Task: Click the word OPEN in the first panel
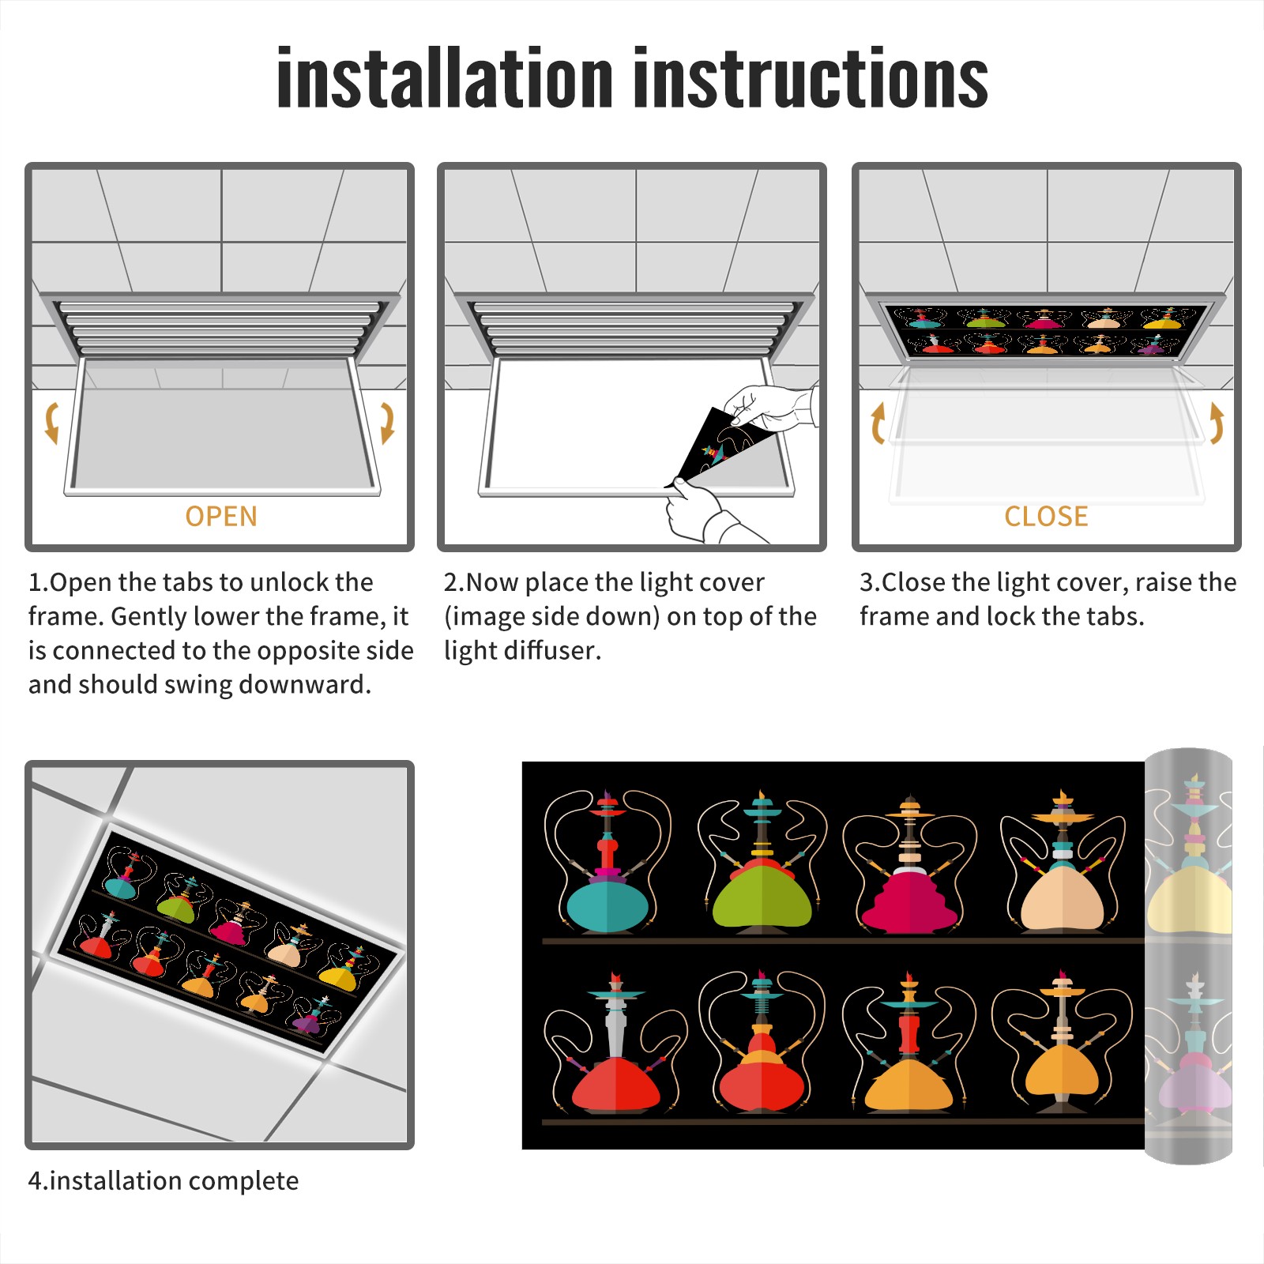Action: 221,517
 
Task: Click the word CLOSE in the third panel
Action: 1046,517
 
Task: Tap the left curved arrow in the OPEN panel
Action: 52,423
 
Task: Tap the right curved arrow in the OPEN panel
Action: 387,423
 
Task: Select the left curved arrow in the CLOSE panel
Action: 877,423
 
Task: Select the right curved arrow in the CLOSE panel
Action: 1217,423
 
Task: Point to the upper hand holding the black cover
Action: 770,408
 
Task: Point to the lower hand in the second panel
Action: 707,513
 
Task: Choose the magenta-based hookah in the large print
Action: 909,864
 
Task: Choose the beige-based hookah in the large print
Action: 1063,861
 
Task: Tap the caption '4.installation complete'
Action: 164,1181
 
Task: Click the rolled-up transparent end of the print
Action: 1188,956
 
